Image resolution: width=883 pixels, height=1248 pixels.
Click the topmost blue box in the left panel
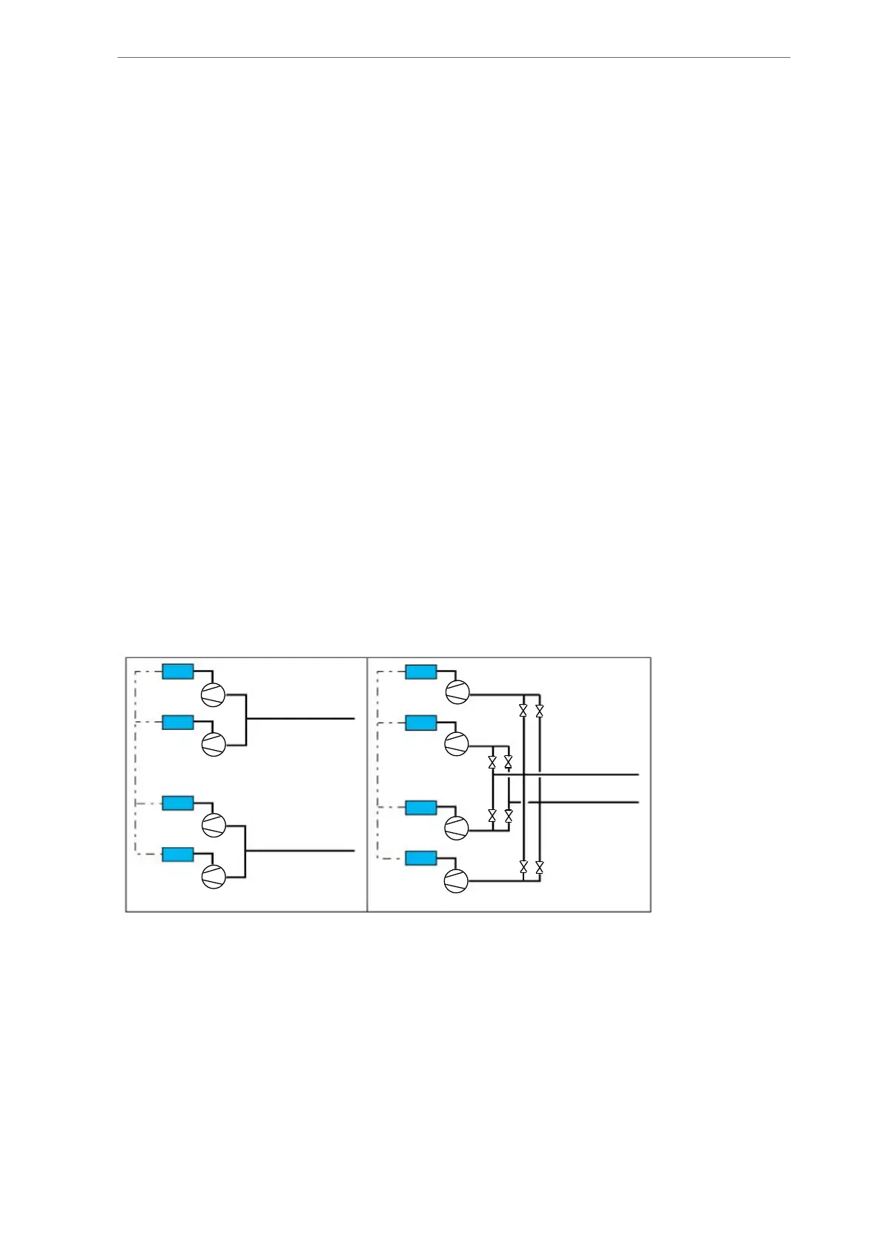178,671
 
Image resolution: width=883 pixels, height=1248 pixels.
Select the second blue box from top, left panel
178,722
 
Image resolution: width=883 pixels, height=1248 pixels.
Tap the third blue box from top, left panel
178,803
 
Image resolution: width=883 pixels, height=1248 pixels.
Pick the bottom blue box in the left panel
178,854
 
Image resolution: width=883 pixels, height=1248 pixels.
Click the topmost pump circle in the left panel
214,694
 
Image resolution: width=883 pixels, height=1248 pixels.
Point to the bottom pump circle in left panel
214,877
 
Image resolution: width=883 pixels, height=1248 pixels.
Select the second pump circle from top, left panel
214,745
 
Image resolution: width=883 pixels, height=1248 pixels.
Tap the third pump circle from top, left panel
214,825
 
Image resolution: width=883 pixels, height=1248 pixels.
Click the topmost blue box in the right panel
420,671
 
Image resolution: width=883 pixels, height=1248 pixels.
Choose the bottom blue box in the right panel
420,858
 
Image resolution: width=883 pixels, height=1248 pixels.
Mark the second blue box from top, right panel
420,722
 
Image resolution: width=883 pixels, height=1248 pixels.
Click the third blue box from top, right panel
420,807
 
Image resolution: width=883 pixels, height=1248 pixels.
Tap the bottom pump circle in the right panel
456,881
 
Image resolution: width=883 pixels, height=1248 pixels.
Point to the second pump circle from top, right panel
457,743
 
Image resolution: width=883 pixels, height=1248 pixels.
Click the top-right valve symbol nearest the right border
539,711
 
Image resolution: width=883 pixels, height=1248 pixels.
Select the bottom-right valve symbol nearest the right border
539,866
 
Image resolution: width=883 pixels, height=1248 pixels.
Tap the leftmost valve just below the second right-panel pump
492,762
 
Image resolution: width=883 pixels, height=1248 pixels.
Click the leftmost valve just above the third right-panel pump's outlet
492,815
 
